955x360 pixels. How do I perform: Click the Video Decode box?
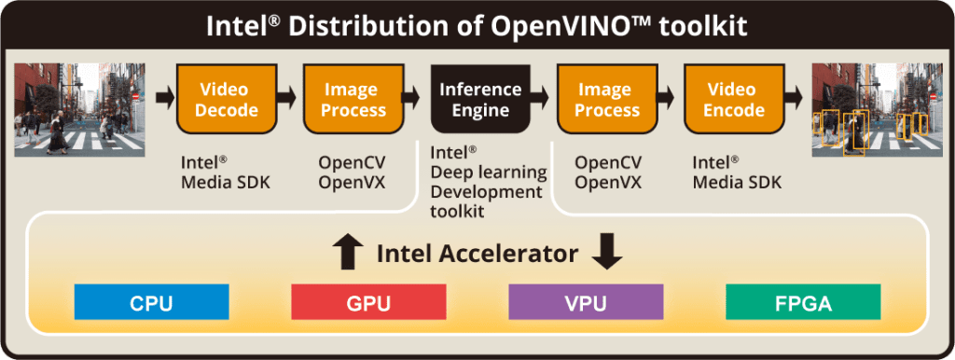click(x=224, y=100)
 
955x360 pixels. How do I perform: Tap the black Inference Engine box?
click(x=479, y=100)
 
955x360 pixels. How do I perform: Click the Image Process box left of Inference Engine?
click(x=353, y=100)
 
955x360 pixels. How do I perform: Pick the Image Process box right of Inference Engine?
click(x=607, y=100)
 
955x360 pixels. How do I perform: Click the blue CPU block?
click(x=151, y=303)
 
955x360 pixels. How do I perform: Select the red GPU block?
click(x=367, y=303)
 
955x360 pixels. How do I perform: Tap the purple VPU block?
click(x=586, y=303)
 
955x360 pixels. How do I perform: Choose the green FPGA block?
click(x=802, y=303)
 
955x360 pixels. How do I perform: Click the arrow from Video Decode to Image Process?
click(x=287, y=95)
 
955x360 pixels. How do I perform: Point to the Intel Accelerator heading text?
click(x=477, y=254)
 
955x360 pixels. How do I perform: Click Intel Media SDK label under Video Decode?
click(x=225, y=173)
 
